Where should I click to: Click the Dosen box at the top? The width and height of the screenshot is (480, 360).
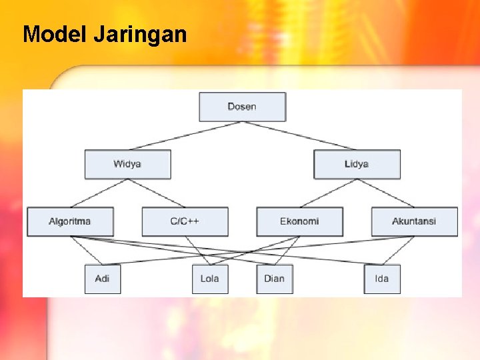click(x=242, y=107)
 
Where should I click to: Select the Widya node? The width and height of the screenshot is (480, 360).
click(x=127, y=164)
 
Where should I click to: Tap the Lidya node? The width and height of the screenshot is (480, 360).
click(x=357, y=164)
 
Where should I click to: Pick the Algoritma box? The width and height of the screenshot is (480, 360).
click(x=70, y=221)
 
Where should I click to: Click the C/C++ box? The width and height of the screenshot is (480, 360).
click(x=185, y=221)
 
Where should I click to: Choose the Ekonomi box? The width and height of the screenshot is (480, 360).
click(x=299, y=221)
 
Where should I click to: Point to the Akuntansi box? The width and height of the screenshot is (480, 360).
click(x=414, y=221)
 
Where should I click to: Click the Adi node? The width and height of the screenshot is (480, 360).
click(x=102, y=279)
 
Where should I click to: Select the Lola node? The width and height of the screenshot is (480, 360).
click(x=209, y=279)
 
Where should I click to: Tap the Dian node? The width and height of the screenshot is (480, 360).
click(x=274, y=279)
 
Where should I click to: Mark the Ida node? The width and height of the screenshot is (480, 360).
click(x=382, y=279)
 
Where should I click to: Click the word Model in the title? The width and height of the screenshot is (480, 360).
click(x=55, y=34)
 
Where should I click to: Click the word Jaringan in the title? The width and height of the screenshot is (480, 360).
click(x=140, y=34)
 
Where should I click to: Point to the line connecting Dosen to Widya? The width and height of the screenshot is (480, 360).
click(x=185, y=135)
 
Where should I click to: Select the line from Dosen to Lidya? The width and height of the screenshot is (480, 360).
click(x=299, y=135)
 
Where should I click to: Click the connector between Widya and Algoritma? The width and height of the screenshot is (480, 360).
click(x=99, y=193)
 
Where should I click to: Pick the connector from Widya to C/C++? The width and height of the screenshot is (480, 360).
click(x=156, y=193)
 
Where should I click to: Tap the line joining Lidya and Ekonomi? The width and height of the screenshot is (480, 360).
click(x=328, y=193)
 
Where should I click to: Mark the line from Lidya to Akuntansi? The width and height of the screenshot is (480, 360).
click(x=385, y=193)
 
